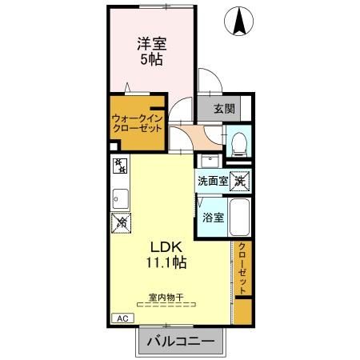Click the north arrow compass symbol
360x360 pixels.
238,22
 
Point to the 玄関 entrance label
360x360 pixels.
224,109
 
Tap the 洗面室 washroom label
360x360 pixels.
213,181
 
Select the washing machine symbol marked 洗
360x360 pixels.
240,181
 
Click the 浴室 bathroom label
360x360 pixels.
213,217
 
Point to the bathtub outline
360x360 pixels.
241,216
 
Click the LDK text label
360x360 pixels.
163,246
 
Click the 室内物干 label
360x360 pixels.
166,297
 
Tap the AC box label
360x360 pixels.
122,318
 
